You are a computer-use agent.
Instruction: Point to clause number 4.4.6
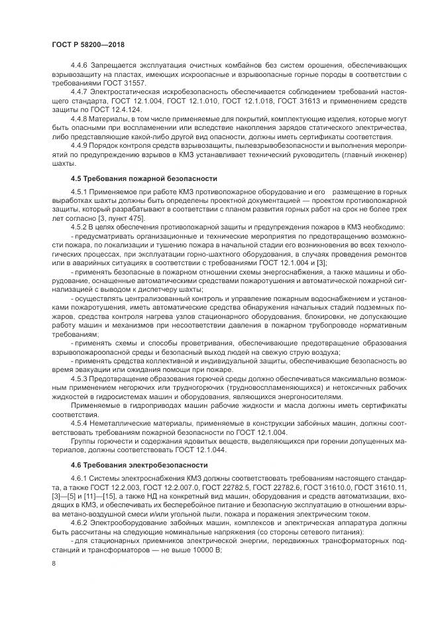80,67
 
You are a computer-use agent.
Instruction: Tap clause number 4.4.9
80,147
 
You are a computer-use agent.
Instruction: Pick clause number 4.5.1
80,192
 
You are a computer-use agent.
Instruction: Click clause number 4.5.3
80,378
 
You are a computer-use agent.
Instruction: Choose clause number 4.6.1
80,477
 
